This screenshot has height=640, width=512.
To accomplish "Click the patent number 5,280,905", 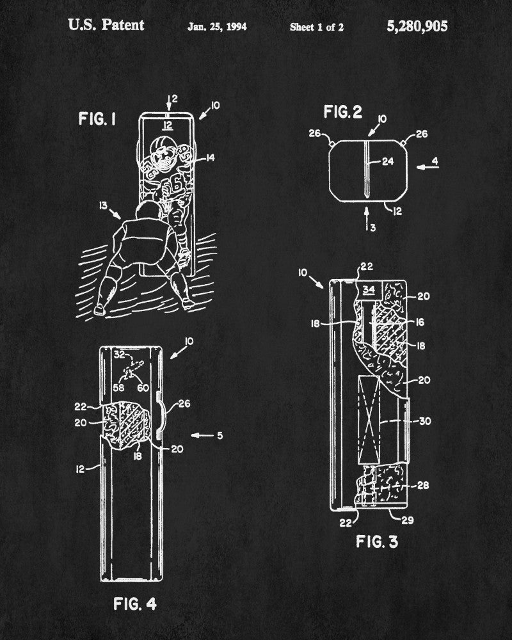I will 417,26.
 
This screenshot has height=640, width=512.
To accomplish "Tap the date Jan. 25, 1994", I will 217,27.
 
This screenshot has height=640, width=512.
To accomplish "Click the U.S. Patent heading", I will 106,26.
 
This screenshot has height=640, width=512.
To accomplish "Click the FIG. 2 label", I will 342,113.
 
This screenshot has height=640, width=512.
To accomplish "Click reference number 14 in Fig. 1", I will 211,156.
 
